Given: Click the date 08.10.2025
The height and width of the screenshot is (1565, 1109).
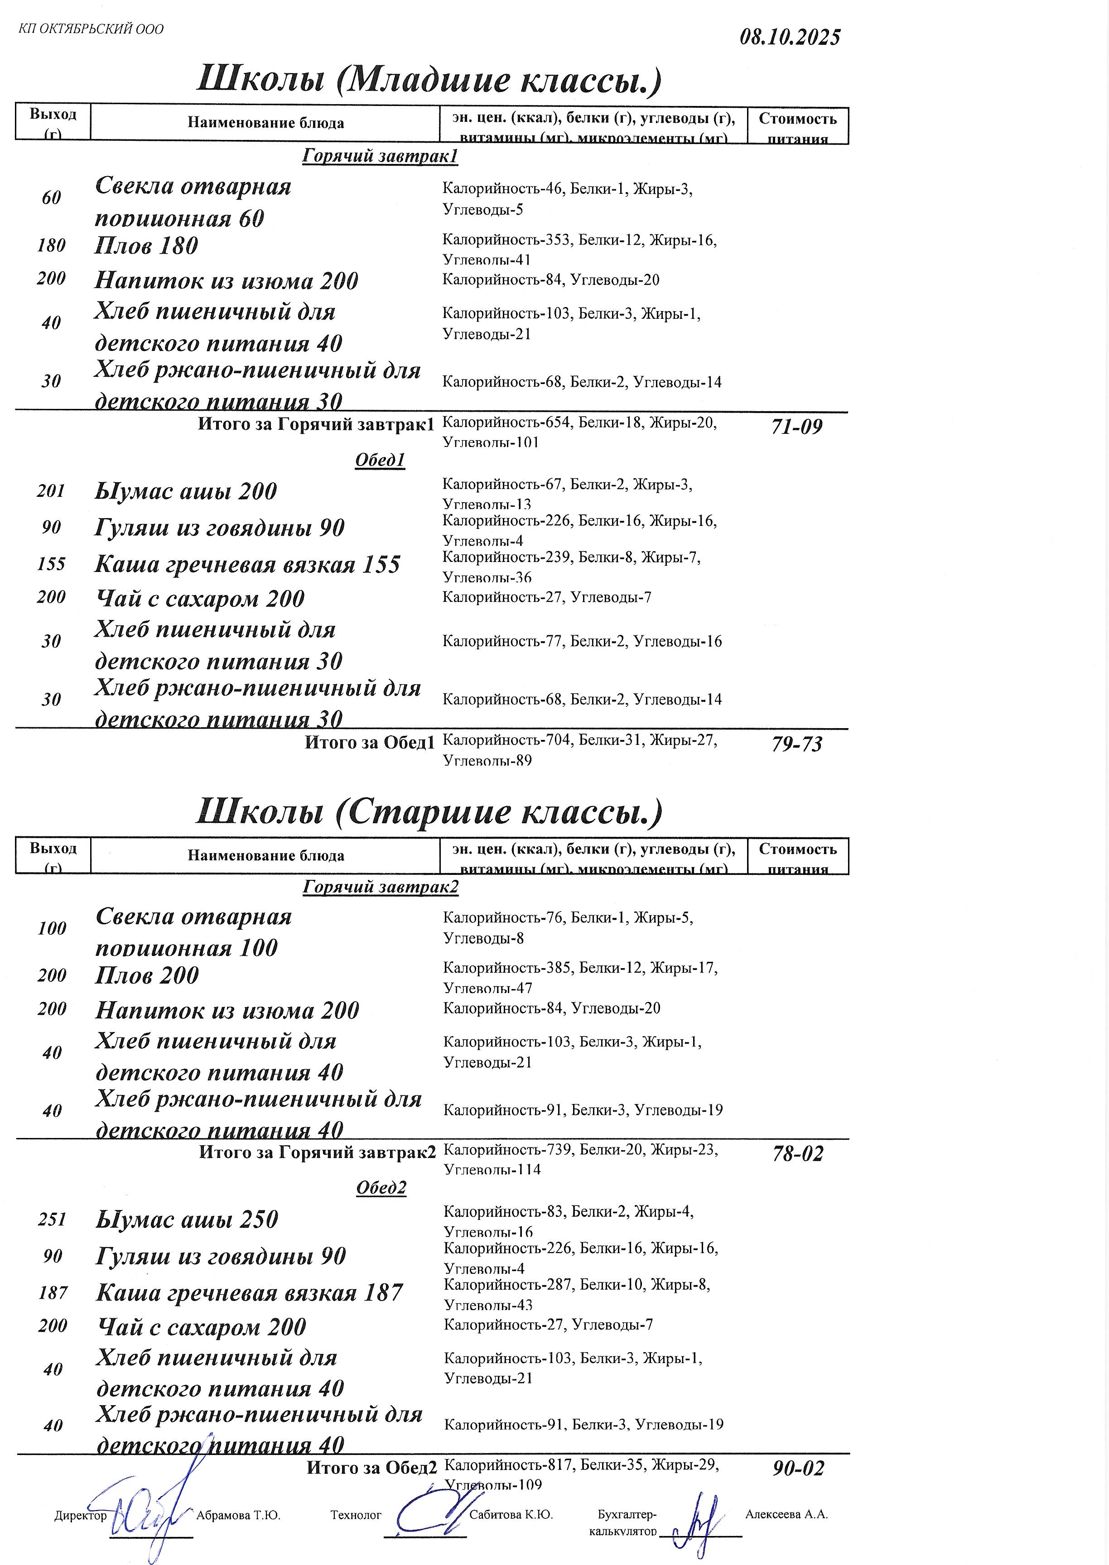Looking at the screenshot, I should (790, 37).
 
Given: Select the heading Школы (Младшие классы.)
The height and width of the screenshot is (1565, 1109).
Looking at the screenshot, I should (429, 80).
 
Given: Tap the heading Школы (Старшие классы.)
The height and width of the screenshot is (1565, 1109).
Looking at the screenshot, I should (429, 811).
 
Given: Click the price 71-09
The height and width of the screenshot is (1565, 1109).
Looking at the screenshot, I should (796, 427).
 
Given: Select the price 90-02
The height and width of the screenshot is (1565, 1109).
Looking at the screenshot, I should (798, 1468).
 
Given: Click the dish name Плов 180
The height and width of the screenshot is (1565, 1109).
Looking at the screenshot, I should (146, 246).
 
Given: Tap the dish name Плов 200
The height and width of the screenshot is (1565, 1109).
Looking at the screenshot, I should (147, 975).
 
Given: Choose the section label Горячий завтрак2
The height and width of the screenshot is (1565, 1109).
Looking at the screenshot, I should (381, 887).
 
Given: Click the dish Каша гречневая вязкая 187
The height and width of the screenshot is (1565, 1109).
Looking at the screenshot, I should (249, 1293).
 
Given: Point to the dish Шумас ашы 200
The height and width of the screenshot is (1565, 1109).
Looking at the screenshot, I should (186, 491).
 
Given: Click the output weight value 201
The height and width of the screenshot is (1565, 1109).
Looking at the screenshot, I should (51, 491).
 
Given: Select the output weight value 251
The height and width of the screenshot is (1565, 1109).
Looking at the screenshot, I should (52, 1219).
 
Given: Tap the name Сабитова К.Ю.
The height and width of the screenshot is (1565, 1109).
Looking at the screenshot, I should (511, 1514).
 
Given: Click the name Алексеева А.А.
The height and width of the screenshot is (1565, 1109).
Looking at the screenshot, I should (786, 1514).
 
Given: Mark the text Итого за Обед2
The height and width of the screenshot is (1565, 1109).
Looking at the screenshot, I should (371, 1467).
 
